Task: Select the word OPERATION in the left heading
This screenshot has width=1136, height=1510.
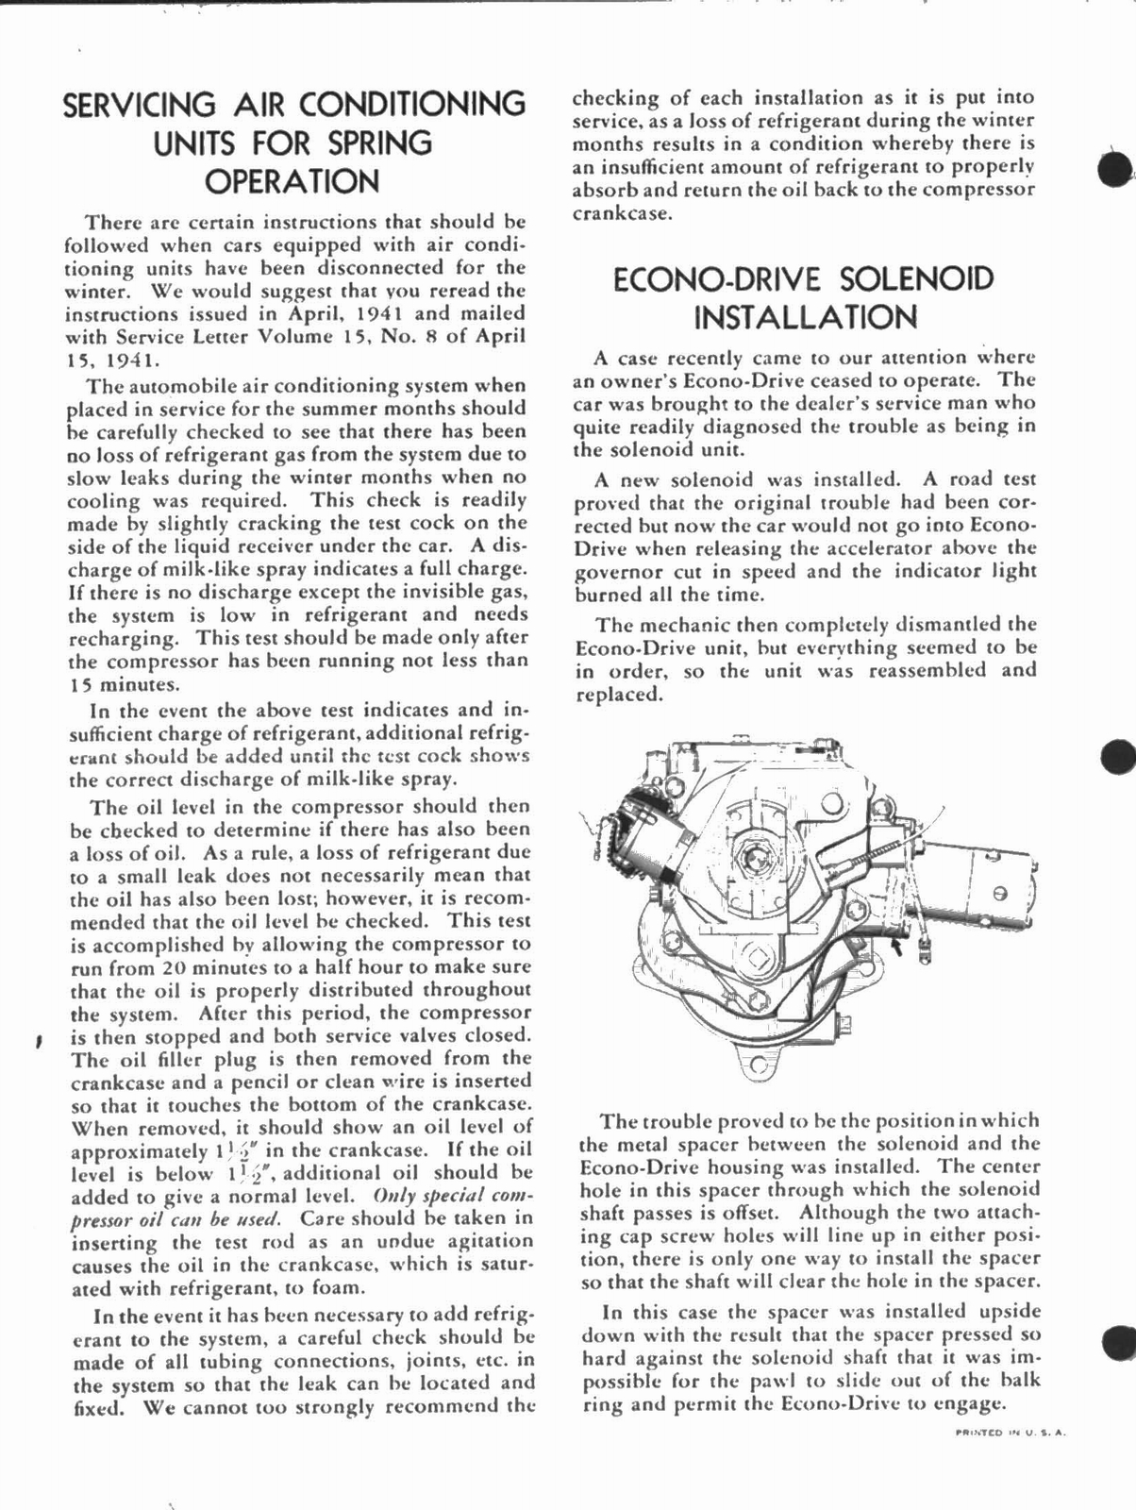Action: pos(292,181)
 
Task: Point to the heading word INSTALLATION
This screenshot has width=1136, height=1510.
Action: pos(805,317)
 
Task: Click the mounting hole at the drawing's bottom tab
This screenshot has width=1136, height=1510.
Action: pos(755,1065)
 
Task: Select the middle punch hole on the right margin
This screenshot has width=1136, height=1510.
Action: pos(1119,756)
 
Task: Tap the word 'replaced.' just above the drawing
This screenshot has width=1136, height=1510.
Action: pos(617,695)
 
